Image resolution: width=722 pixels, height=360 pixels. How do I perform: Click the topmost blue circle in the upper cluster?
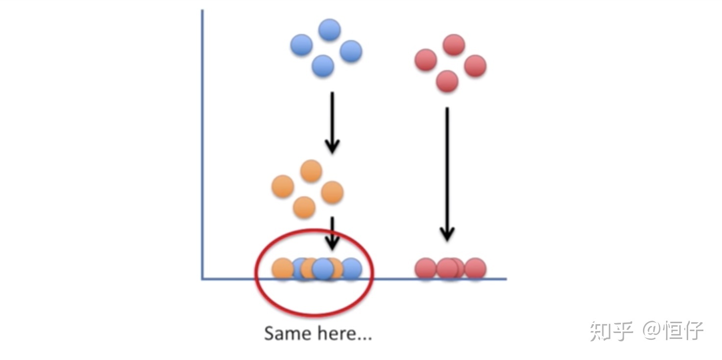(330, 30)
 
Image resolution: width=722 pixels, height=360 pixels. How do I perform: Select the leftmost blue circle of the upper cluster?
(301, 45)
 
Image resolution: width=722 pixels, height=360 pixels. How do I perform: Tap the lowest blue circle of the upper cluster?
(323, 66)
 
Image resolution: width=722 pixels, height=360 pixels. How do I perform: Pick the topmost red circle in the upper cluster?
(454, 45)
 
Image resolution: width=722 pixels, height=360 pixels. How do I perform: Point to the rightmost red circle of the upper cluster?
(475, 66)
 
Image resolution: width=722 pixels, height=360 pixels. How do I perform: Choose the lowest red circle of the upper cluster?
(447, 81)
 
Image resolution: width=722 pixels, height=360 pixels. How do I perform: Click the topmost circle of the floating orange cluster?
(310, 171)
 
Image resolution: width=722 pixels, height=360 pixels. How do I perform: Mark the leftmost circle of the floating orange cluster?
(283, 186)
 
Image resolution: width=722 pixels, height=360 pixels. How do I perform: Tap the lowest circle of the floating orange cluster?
(304, 207)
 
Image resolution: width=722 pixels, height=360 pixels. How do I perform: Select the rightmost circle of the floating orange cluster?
(332, 192)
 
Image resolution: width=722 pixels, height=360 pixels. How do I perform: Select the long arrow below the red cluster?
(447, 174)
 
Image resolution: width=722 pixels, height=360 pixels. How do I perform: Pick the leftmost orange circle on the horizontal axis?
(283, 268)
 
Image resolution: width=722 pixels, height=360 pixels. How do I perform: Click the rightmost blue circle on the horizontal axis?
(351, 268)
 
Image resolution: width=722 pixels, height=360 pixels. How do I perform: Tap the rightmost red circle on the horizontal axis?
(475, 268)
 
